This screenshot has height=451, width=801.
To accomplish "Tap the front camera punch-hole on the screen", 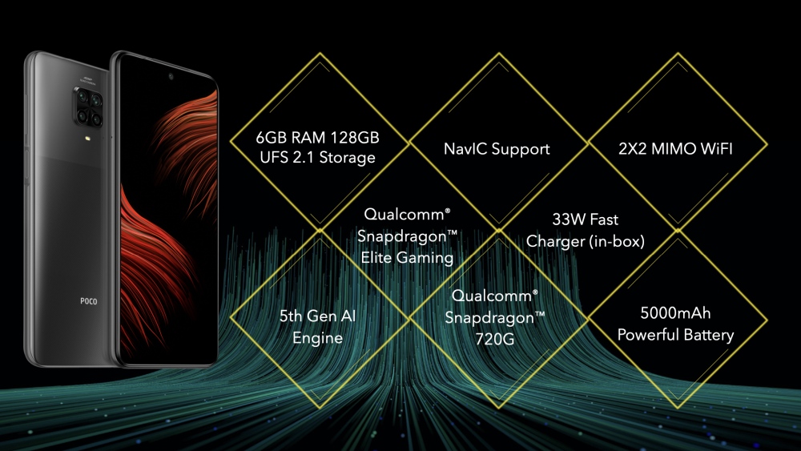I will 169,78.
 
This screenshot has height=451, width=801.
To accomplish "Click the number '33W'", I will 567,219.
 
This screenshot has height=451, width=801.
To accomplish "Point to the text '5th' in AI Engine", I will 294,316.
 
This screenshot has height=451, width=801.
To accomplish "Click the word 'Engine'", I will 317,337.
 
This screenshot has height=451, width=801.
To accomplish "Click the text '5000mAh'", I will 675,314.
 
